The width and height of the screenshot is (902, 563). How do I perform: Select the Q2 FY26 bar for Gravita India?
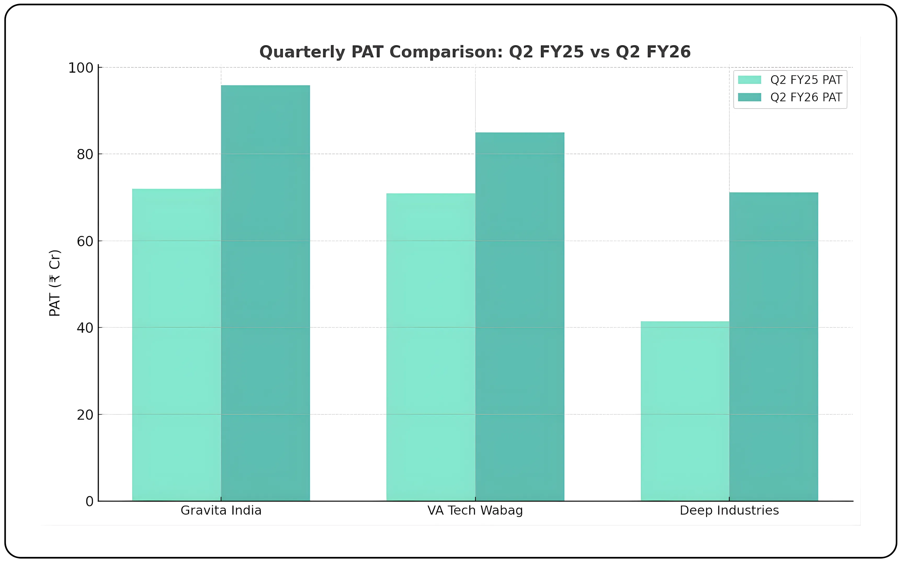tap(265, 293)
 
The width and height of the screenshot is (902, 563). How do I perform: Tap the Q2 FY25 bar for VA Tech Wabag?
tap(431, 347)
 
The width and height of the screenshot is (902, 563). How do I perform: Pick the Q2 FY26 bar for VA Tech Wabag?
tap(520, 316)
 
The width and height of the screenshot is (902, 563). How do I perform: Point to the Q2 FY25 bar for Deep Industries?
tap(685, 411)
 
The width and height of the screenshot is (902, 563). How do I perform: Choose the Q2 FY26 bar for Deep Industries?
tap(774, 347)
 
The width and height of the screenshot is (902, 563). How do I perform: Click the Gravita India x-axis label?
tap(221, 510)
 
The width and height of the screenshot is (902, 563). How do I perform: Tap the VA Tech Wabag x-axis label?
tap(475, 510)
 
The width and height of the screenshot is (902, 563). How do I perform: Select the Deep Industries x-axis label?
tap(729, 510)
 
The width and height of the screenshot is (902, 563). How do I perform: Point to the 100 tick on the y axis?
tap(81, 68)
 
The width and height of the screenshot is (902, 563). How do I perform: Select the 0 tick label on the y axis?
tap(89, 502)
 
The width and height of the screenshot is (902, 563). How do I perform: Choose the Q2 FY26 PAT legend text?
tap(806, 98)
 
